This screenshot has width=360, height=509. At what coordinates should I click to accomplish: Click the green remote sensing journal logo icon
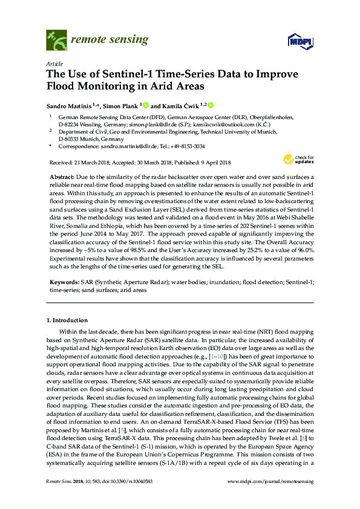coord(56,41)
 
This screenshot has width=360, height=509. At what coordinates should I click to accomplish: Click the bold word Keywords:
coord(64,282)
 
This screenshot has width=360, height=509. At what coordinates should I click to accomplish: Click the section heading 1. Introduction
coord(67,320)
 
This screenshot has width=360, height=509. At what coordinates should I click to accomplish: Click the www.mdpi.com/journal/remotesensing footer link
coord(270,499)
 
